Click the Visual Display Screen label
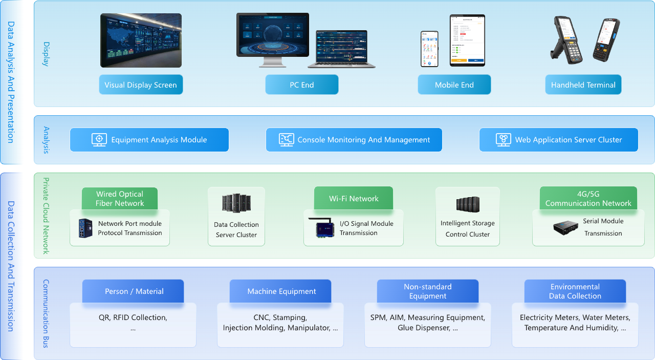click(x=141, y=85)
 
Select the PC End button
click(x=301, y=85)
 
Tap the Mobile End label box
click(x=454, y=85)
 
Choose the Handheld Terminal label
click(x=583, y=85)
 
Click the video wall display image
click(x=141, y=40)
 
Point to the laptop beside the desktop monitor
click(x=342, y=49)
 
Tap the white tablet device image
click(x=467, y=40)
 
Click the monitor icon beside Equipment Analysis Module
click(x=99, y=140)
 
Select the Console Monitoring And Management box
click(x=354, y=140)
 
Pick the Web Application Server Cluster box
click(x=558, y=140)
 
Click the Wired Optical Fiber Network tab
click(x=120, y=199)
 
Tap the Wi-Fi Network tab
click(x=354, y=199)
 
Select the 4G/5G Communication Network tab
click(x=588, y=199)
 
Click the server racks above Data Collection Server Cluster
click(x=236, y=203)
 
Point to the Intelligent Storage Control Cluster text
click(x=467, y=228)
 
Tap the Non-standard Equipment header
click(x=427, y=291)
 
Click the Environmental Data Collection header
click(x=575, y=291)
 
